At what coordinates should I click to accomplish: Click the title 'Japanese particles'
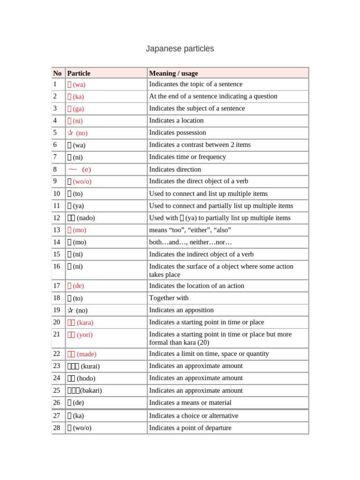click(x=180, y=49)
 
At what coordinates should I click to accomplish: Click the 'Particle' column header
click(x=79, y=73)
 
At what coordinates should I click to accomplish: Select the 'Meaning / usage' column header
click(x=173, y=73)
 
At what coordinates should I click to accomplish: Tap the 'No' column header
click(x=57, y=73)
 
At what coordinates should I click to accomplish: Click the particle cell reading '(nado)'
click(x=85, y=218)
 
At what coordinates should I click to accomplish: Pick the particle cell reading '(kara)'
click(x=80, y=322)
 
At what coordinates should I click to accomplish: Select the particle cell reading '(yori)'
click(x=80, y=335)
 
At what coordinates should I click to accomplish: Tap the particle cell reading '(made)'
click(x=82, y=354)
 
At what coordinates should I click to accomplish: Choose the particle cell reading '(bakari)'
click(x=85, y=390)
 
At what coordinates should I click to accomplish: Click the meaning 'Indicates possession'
click(x=177, y=133)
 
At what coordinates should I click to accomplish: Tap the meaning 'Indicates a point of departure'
click(x=190, y=428)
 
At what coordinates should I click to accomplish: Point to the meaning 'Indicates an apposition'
click(x=181, y=310)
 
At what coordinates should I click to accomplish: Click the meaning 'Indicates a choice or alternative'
click(x=193, y=416)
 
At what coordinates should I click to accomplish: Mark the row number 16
click(x=57, y=266)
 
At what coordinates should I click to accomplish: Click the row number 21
click(x=57, y=334)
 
